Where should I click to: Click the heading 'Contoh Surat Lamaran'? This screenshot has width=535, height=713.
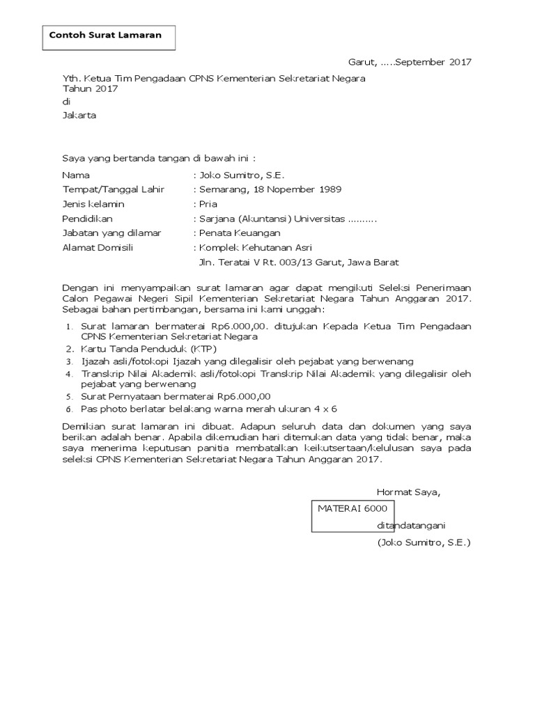coord(104,36)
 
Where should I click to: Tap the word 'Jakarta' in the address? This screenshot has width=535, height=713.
coord(79,116)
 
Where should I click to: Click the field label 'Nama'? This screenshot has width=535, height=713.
coord(76,175)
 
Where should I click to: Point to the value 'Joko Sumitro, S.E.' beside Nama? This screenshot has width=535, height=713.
coord(241,175)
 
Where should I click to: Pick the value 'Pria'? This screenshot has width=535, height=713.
coord(208,204)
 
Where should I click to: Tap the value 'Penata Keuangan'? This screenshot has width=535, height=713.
coord(240,233)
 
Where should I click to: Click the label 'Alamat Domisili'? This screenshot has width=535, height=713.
coord(98,247)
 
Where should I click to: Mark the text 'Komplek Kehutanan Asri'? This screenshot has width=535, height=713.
coord(255,247)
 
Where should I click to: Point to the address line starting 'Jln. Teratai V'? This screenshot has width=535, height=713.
coord(299,263)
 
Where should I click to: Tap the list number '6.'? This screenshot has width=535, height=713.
coord(69,409)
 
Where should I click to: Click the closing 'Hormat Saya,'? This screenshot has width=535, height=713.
coord(408,492)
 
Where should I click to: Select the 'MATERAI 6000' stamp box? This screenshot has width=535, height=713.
coord(353,515)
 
